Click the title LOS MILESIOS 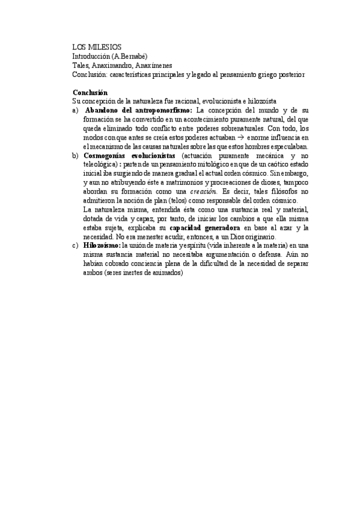coord(96,46)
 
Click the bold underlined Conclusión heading coord(90,93)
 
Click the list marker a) coord(75,111)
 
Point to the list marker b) coord(75,155)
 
